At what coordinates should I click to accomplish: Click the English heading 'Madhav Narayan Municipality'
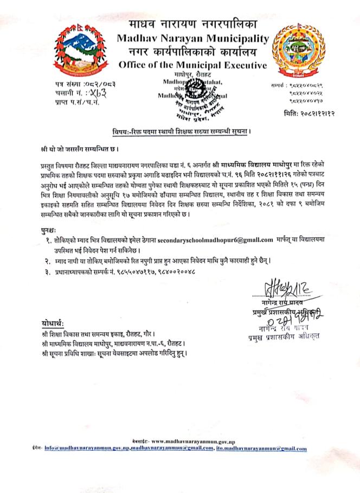192,38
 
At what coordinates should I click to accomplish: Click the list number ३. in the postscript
48,271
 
